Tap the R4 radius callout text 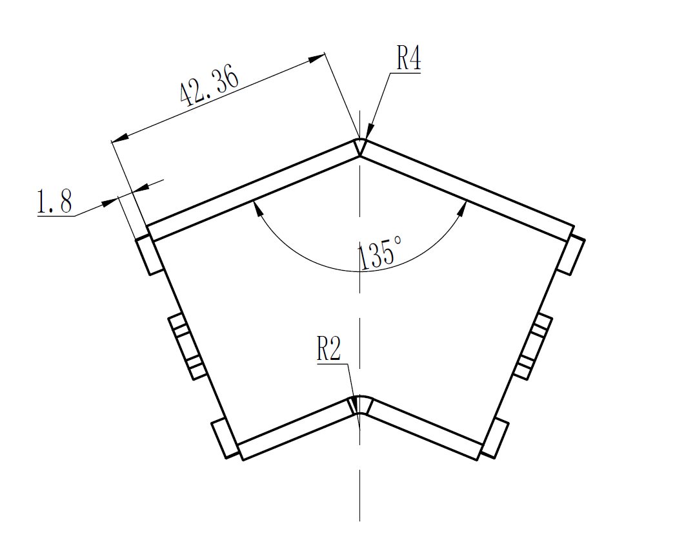(x=408, y=59)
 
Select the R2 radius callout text (x=328, y=350)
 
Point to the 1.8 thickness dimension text (x=54, y=202)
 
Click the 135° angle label (x=380, y=254)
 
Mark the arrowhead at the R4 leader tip (x=368, y=132)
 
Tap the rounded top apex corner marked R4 (x=360, y=146)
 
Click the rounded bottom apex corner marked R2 (x=359, y=404)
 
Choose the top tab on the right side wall (x=570, y=256)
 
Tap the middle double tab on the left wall (x=188, y=346)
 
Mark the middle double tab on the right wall (x=533, y=346)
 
